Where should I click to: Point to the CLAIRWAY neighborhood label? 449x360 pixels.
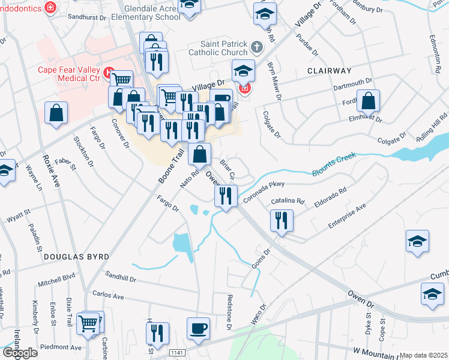tap(328, 70)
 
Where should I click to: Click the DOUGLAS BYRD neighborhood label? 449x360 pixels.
tap(76, 256)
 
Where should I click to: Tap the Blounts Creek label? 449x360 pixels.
tap(334, 164)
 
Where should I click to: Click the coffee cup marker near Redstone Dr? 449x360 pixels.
tap(198, 328)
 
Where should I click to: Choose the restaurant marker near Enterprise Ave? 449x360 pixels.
tap(281, 220)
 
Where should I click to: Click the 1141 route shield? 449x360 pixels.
tap(176, 352)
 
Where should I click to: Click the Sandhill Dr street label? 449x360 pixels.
tap(121, 278)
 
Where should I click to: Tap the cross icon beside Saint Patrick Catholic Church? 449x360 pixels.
tap(257, 47)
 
